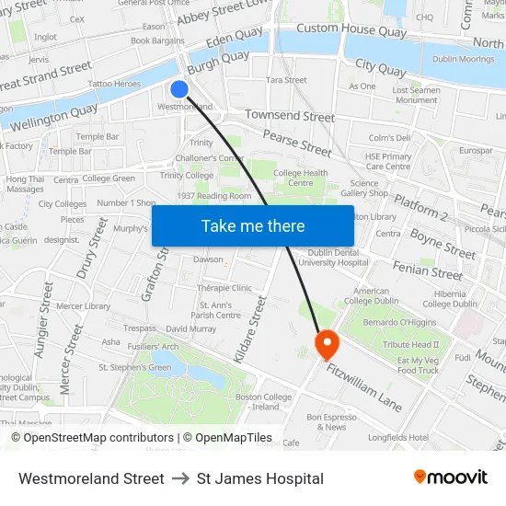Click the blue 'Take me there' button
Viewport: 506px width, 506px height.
[252, 225]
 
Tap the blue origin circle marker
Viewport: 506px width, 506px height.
[179, 89]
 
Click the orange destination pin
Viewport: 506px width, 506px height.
[327, 345]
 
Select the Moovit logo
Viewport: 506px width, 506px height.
[450, 477]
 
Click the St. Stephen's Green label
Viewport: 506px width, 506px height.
[134, 367]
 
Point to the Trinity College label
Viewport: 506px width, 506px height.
[186, 175]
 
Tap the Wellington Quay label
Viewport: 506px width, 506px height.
[54, 116]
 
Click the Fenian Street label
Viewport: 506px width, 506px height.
[427, 272]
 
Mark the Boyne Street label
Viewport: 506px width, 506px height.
[443, 244]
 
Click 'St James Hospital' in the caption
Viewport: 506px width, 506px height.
[260, 478]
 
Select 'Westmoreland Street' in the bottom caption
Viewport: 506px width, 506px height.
[91, 478]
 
